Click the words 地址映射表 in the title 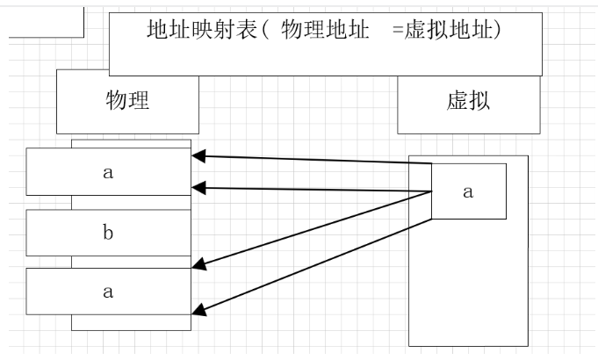pyautogui.click(x=198, y=29)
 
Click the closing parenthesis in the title pyautogui.click(x=497, y=29)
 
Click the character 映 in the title pyautogui.click(x=198, y=29)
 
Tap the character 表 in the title pyautogui.click(x=241, y=29)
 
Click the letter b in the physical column pyautogui.click(x=108, y=233)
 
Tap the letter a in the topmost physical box pyautogui.click(x=108, y=172)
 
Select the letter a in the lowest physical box pyautogui.click(x=108, y=292)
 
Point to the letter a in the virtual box pyautogui.click(x=468, y=191)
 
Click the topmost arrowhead pyautogui.click(x=198, y=156)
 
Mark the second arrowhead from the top pyautogui.click(x=198, y=187)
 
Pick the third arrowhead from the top pyautogui.click(x=198, y=262)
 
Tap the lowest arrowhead pyautogui.click(x=198, y=308)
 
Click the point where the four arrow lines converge pyautogui.click(x=430, y=191)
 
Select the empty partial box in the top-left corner pyautogui.click(x=46, y=19)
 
